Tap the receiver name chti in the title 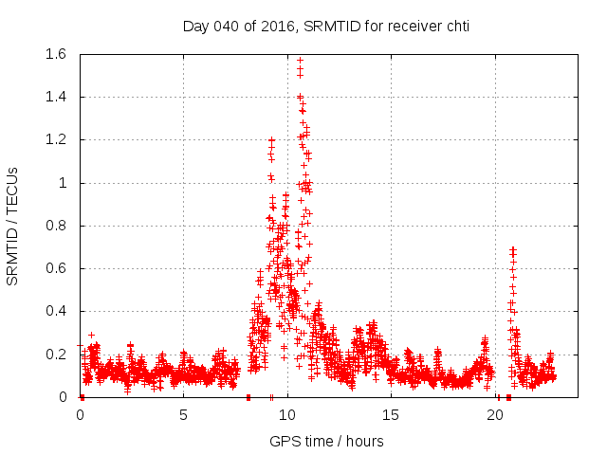(453, 27)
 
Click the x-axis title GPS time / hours (326, 441)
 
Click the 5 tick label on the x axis (183, 414)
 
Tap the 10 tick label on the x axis (287, 414)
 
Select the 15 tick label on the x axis (392, 414)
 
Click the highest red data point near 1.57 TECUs (300, 60)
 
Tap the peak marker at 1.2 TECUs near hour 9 (271, 140)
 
